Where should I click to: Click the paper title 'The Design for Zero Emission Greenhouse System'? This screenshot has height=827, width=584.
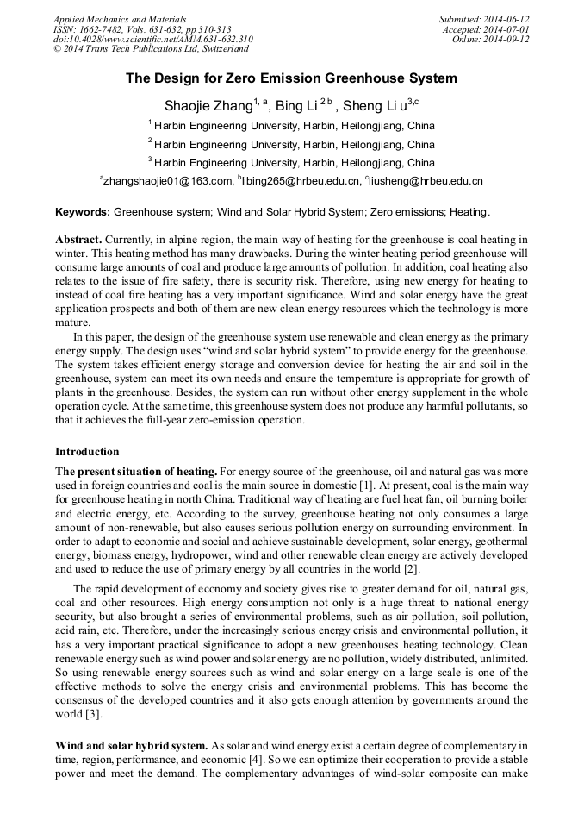coord(291,78)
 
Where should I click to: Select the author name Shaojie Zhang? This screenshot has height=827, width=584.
coord(208,106)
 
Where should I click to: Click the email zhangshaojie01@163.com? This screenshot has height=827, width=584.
coord(169,181)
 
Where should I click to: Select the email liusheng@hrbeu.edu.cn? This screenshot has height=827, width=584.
coord(426,181)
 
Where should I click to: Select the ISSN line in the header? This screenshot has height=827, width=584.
coord(141,29)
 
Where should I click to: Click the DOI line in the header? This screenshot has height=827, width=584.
coord(152,40)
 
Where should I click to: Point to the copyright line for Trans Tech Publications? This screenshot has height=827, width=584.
coord(151,49)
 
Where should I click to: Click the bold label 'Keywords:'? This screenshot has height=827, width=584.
coord(83,212)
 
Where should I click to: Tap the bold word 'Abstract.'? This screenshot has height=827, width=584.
coord(79,239)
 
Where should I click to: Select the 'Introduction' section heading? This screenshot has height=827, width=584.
coord(87,451)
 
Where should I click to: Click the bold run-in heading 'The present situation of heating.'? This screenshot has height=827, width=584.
coord(136,471)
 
